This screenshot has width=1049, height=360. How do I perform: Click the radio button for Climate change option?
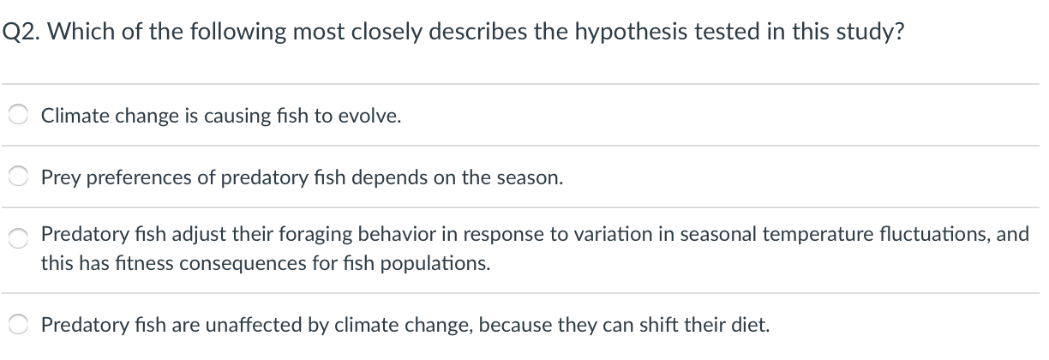[18, 115]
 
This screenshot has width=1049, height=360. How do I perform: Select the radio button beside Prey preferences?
[18, 177]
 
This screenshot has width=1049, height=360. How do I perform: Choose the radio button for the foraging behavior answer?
[18, 238]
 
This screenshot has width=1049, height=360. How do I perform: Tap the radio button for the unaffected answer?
[18, 324]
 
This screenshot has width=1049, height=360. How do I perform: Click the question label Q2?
[21, 32]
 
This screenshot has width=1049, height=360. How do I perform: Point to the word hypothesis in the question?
[632, 33]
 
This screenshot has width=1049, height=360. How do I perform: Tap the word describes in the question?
[477, 32]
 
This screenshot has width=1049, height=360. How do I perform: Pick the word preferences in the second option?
[139, 178]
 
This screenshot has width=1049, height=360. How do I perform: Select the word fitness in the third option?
[144, 263]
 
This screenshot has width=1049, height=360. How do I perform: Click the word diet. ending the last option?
[750, 324]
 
